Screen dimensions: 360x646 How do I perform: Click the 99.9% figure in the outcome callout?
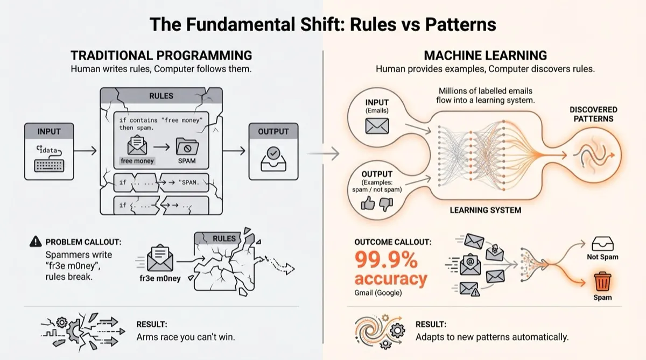pos(386,260)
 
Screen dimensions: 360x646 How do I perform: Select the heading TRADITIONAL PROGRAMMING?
pos(161,55)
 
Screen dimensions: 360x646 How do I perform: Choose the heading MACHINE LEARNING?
pos(485,55)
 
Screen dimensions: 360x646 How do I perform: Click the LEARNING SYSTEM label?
pos(485,209)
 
